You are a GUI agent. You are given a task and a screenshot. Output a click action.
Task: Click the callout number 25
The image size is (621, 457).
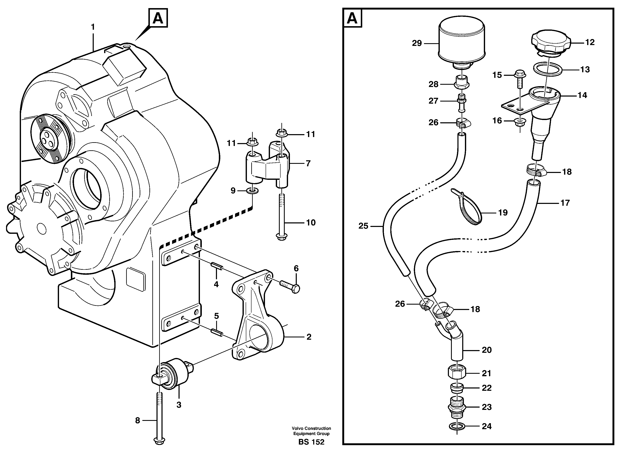coord(363,226)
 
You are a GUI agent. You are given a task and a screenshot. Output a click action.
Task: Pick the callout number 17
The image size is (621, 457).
coord(565,203)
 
